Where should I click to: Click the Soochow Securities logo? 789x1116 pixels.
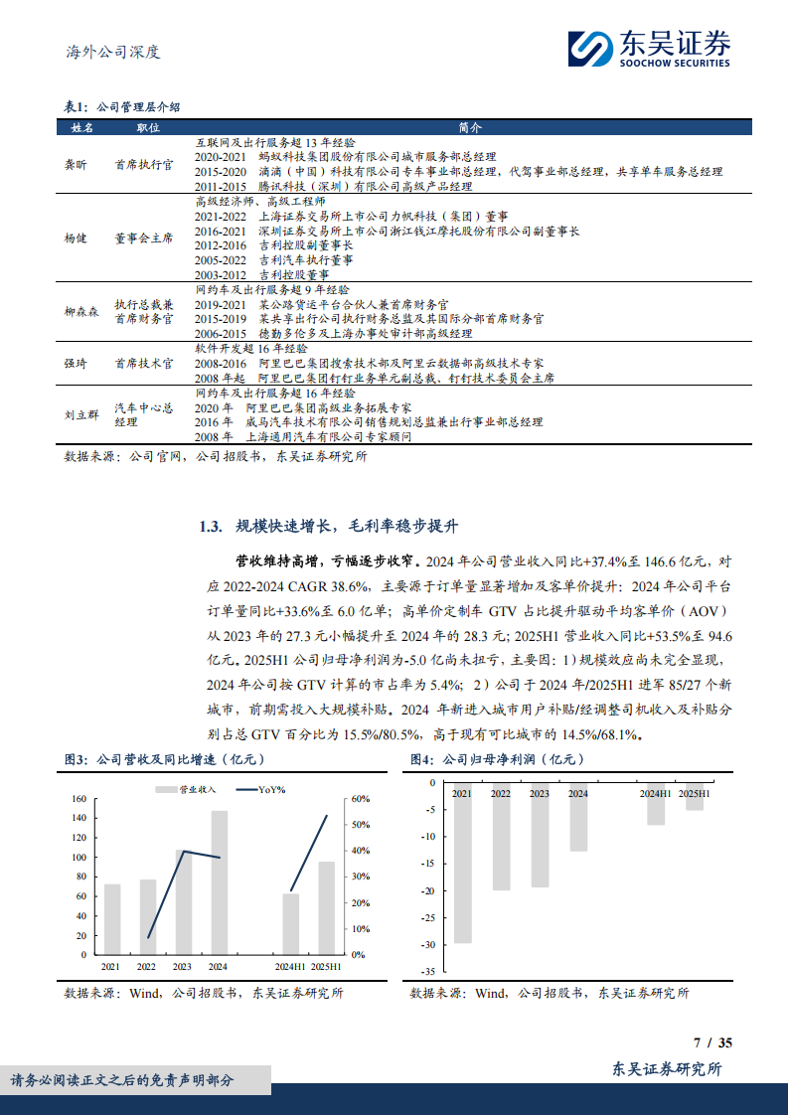click(x=650, y=48)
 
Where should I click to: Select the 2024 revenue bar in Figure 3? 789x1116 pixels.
click(x=219, y=882)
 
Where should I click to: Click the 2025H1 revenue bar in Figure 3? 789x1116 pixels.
click(x=326, y=907)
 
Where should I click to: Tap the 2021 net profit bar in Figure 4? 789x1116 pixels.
click(x=462, y=861)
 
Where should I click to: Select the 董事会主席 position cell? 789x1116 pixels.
click(x=143, y=239)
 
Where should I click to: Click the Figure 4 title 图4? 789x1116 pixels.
click(x=421, y=759)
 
